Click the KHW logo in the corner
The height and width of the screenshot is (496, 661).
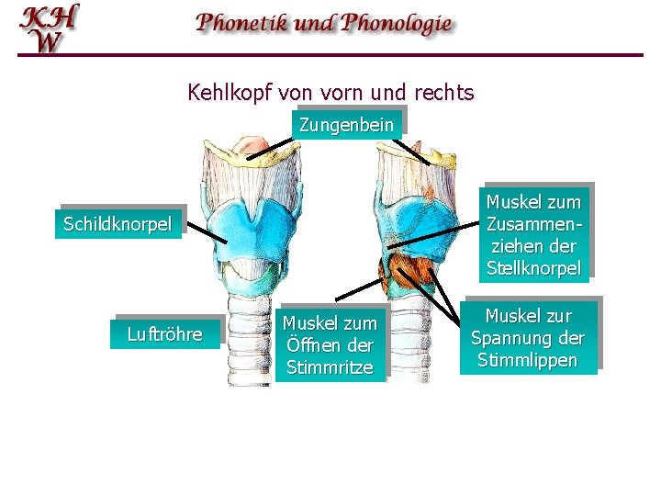50,28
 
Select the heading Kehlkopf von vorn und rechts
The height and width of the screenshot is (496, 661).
330,93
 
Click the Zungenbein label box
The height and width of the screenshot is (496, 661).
346,125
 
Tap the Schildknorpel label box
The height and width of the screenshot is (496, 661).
118,224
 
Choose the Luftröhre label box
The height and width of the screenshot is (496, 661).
164,334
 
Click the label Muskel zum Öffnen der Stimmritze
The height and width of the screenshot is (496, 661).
330,345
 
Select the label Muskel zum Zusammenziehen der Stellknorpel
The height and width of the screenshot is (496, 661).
533,235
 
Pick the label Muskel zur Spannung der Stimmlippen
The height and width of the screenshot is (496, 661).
528,338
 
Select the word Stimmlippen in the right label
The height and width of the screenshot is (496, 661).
528,360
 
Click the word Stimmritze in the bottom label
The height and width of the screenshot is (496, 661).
330,367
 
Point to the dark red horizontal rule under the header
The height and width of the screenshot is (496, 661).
330,55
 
